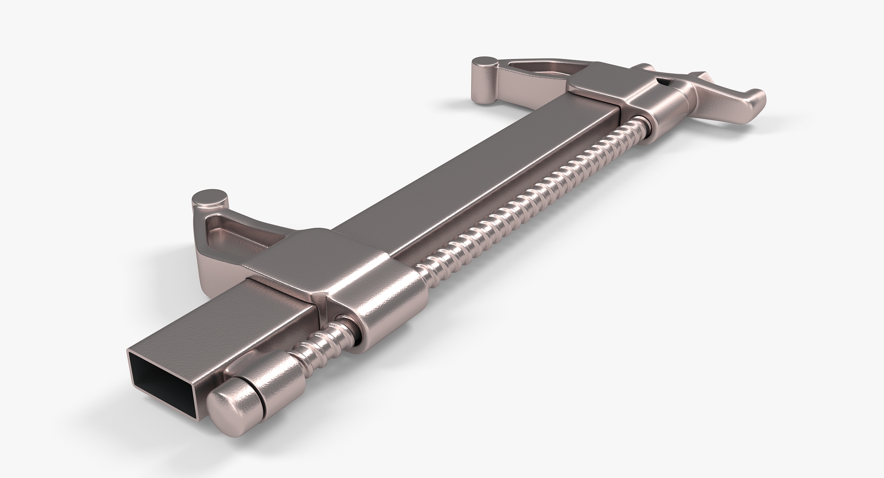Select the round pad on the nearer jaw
pos(210,198)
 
